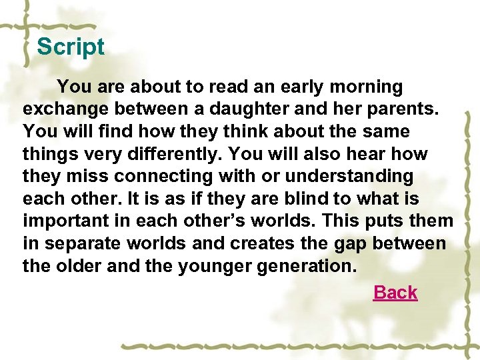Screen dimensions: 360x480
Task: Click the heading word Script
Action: pos(71,47)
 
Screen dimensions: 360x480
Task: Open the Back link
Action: pos(395,293)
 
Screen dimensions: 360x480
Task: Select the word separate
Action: pos(86,244)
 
